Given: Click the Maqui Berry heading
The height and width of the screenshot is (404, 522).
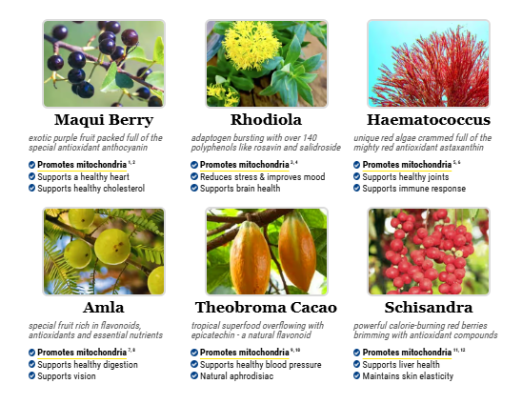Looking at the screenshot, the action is coord(104,120).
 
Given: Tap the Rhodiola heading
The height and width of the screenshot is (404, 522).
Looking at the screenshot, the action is coord(267,120).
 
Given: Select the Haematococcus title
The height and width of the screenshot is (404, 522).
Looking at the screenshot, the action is coord(429,120).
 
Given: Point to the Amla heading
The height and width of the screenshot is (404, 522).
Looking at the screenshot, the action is coord(104,308).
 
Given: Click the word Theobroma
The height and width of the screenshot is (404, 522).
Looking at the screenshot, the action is coord(240,308).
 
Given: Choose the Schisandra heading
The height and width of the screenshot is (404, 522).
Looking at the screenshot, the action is coord(429,308).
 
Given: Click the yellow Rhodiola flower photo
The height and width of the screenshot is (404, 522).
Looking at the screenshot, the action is coord(267,64).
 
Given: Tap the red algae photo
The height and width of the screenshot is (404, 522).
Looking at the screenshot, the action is coord(429,64).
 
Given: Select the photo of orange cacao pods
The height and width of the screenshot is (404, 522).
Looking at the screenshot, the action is coord(267,252).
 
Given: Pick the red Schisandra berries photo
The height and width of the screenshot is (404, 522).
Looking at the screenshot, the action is coord(429,252).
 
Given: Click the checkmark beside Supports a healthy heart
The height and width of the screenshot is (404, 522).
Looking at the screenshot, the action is coord(32,176).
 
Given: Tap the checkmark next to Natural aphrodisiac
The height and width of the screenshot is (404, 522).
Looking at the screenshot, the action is coord(194,375).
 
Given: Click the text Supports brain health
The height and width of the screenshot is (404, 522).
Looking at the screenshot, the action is coord(240,188).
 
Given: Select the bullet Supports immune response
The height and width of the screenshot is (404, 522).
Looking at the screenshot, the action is coord(413,188).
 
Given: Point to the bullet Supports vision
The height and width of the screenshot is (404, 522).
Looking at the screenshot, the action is coord(67,376).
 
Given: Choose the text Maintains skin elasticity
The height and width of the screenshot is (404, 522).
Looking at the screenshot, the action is coord(408,376).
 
